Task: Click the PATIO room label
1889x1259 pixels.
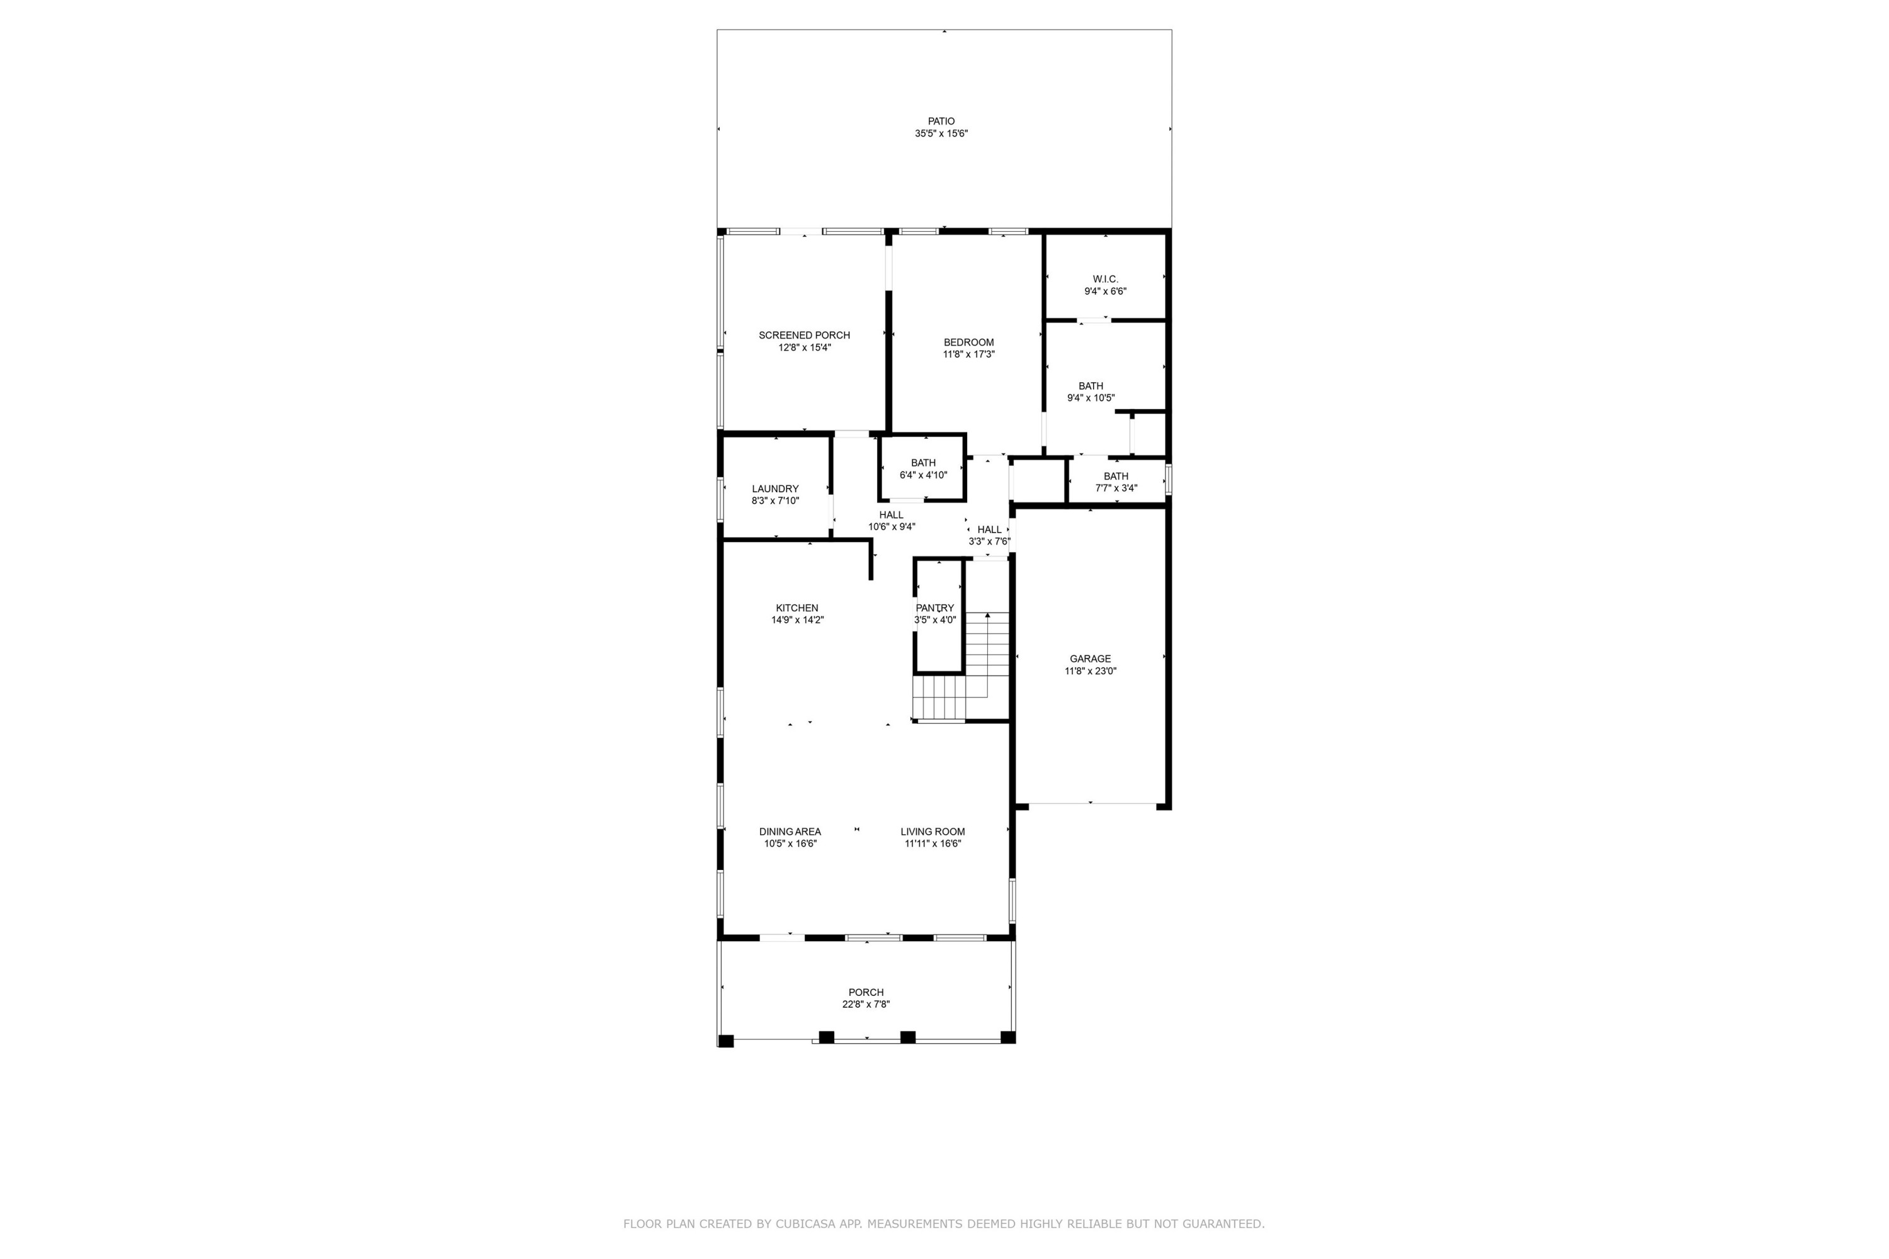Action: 941,121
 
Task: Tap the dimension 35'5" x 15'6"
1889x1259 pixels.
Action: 941,134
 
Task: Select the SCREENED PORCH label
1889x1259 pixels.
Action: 804,335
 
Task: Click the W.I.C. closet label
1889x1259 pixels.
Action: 1105,279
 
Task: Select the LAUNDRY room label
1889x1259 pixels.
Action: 775,488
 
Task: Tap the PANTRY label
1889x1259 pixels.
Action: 935,608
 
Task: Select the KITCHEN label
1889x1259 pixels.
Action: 797,608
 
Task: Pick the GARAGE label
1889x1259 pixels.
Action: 1090,658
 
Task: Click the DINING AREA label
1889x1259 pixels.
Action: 790,831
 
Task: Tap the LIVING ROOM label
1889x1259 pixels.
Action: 933,831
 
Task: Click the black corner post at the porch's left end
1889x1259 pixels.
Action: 725,1041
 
